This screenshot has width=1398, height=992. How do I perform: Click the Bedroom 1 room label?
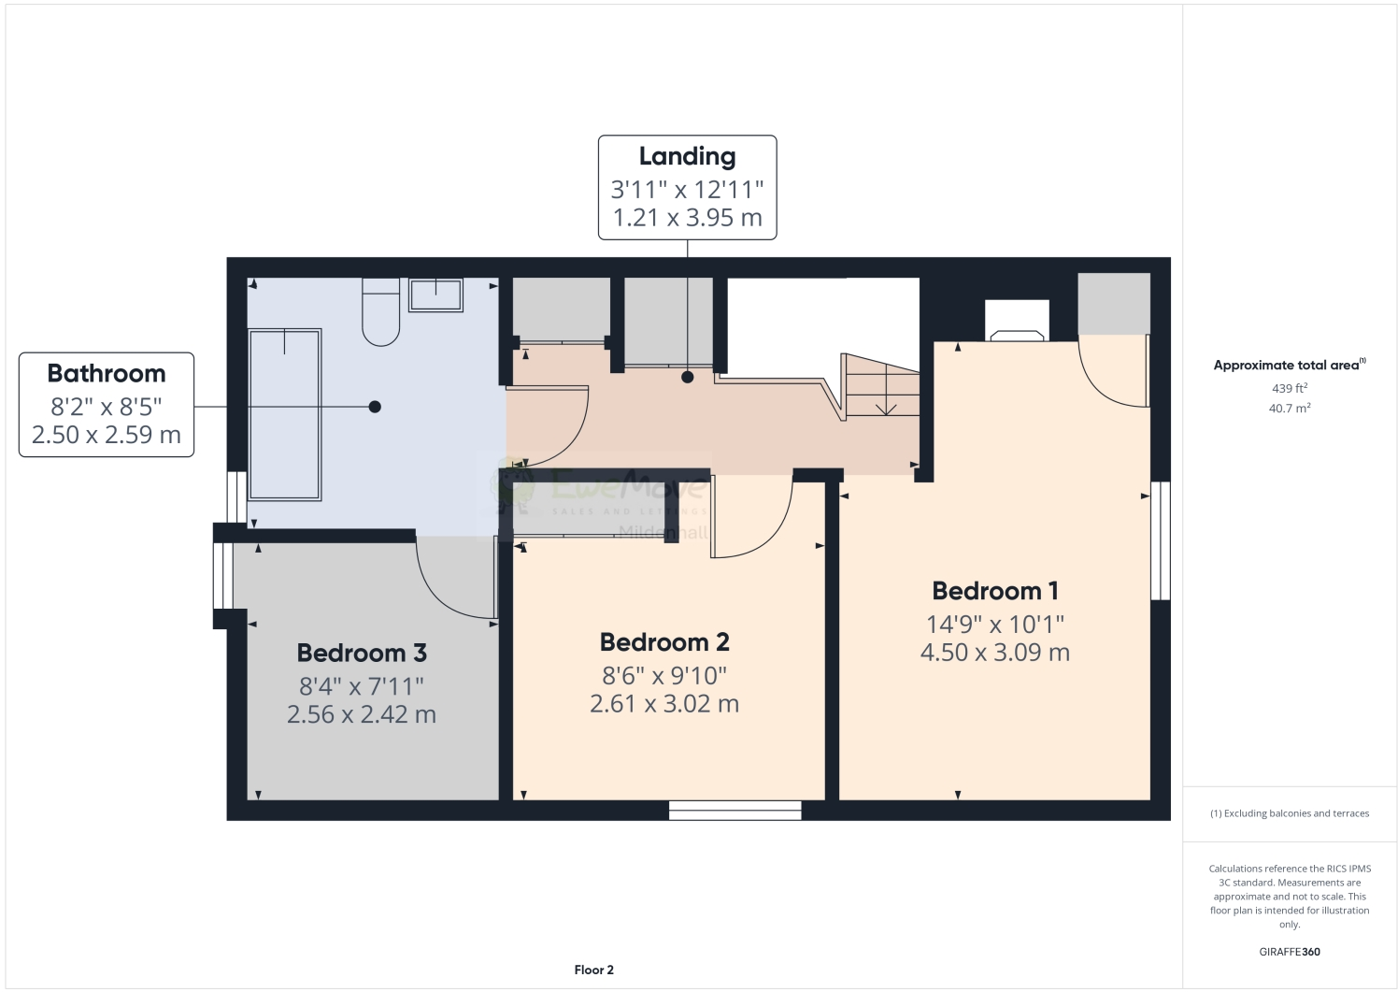[x=994, y=591]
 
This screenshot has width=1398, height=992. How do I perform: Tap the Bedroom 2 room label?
[x=663, y=642]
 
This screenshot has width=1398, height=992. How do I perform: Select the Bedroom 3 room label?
[x=362, y=653]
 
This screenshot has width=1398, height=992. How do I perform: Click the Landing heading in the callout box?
[x=687, y=156]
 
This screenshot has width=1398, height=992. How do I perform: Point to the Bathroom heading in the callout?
[x=107, y=373]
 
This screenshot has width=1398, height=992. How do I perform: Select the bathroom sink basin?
[x=435, y=295]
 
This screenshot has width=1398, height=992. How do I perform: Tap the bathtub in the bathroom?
[x=284, y=414]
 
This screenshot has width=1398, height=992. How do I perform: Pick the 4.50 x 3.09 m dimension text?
[x=994, y=652]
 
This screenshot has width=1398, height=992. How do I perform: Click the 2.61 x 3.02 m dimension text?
[x=663, y=703]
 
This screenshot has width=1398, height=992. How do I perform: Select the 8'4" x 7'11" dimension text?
[x=362, y=685]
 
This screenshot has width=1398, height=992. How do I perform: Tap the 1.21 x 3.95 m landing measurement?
[x=687, y=218]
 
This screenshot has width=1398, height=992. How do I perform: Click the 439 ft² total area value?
[x=1289, y=388]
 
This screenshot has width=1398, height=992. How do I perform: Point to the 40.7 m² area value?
[x=1289, y=409]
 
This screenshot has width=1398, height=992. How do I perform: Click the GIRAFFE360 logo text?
[x=1290, y=953]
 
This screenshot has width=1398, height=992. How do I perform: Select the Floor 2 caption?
[x=593, y=970]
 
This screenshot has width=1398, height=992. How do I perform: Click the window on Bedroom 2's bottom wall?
[x=735, y=810]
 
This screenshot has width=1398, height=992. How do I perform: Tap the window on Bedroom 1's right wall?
[x=1160, y=540]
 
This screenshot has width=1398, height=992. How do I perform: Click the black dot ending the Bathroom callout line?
[x=375, y=407]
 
